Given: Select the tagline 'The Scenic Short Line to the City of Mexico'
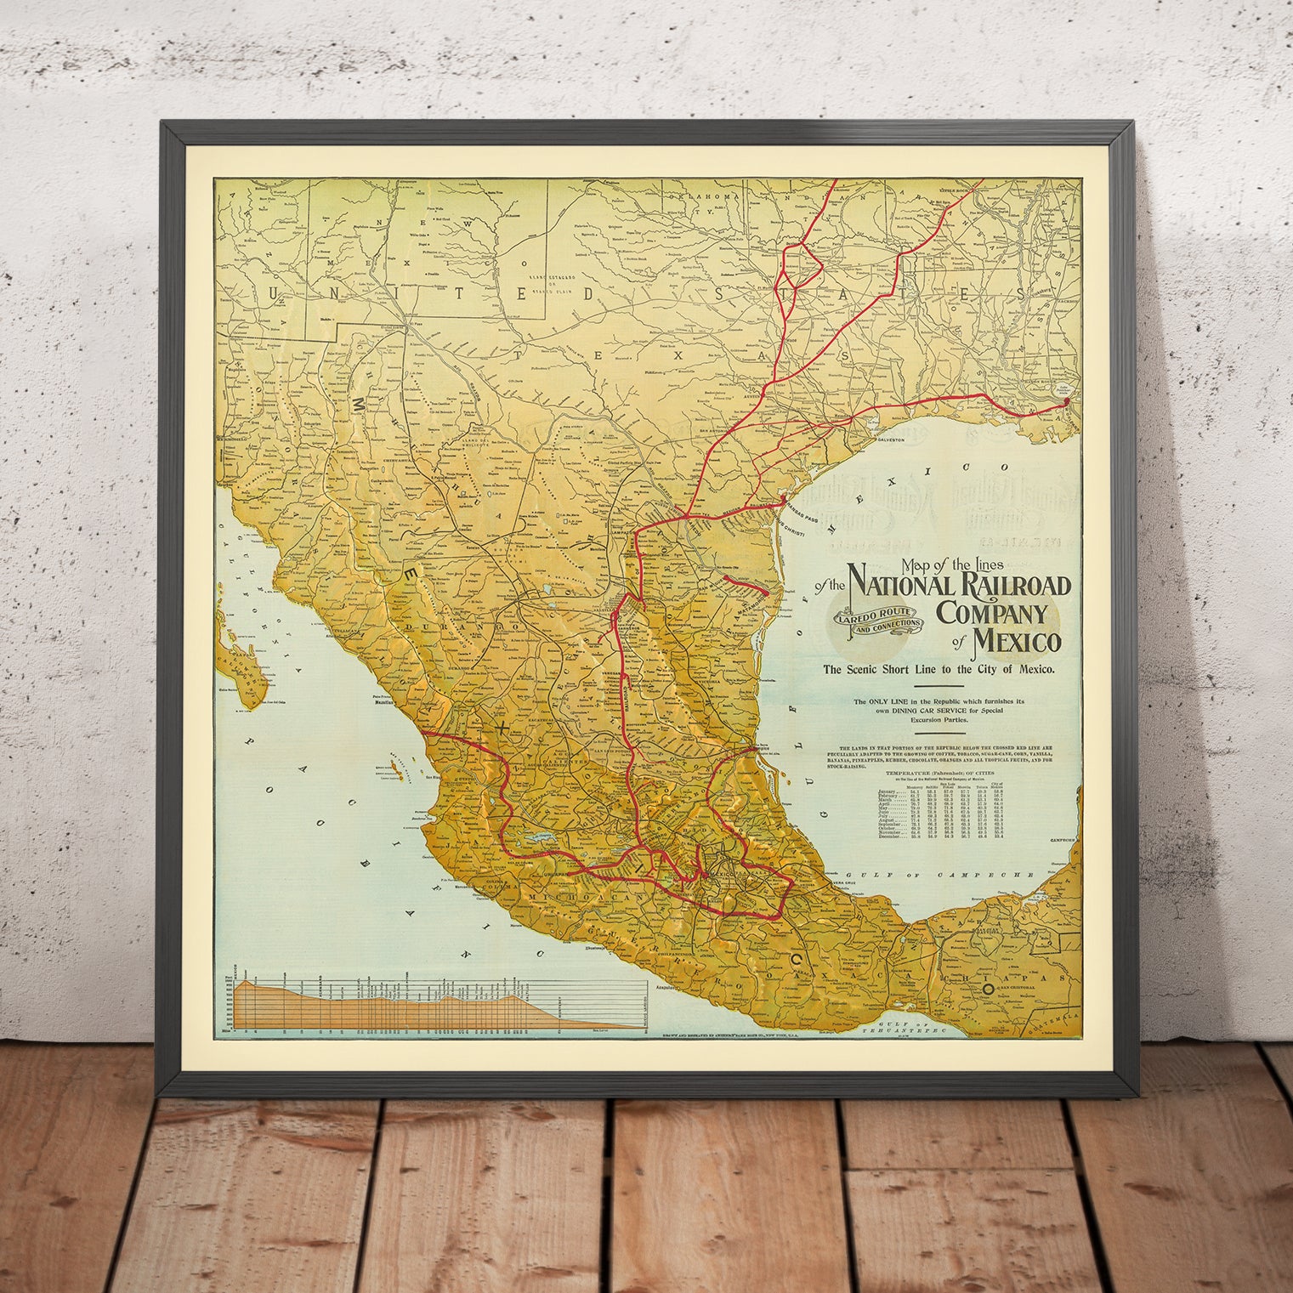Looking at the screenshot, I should tap(939, 669).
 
